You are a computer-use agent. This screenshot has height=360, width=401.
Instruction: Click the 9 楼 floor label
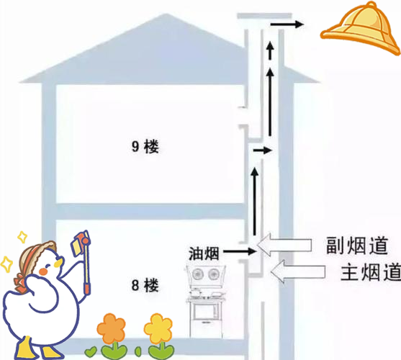pos(145,146)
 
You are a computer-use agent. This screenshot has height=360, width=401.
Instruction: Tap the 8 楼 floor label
pos(145,285)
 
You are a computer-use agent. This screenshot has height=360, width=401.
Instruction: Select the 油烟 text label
pos(204,253)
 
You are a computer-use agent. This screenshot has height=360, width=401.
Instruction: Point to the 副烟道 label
pos(357,246)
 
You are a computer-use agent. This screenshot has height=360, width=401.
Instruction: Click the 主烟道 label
pos(371,272)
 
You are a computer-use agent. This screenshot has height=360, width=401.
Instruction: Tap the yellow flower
pos(158,328)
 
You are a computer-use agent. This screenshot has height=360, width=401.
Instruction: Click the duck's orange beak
pos(59,262)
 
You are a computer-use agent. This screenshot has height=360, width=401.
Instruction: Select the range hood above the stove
pos(206,274)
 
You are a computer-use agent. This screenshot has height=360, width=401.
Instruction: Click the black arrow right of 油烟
pos(240,251)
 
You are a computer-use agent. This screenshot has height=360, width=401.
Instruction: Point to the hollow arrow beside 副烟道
pos(284,245)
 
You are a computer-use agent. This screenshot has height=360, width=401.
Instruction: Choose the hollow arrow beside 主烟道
pos(298,271)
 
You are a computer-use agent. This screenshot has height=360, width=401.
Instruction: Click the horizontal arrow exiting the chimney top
pos(287,24)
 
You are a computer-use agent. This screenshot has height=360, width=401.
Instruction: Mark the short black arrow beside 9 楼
pos(262,150)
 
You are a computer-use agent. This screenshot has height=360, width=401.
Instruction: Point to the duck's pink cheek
pos(44,271)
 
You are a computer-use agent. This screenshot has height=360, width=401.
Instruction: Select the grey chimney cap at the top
pos(264,16)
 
